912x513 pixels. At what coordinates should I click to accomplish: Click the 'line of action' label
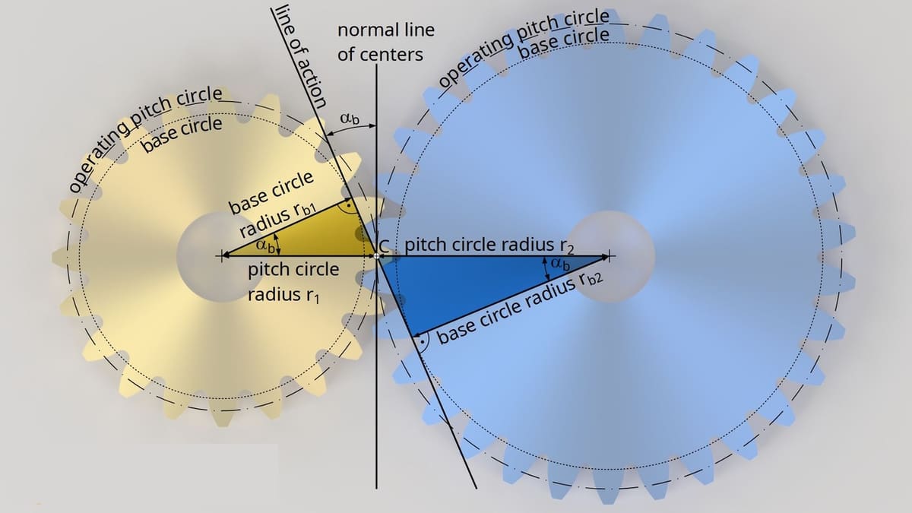click(x=301, y=56)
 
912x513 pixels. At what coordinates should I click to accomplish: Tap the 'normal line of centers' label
click(x=386, y=43)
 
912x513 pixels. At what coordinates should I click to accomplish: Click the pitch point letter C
click(x=384, y=245)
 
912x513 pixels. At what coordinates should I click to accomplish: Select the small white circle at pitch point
click(x=377, y=256)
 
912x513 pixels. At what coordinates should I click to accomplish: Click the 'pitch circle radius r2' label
click(x=489, y=245)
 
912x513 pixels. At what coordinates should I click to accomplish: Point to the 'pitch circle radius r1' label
click(x=293, y=283)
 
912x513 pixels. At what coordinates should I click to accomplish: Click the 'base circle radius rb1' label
click(x=277, y=204)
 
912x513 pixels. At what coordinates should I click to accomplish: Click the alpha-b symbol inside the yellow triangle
click(x=265, y=245)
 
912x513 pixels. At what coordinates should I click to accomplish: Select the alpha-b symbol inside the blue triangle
click(x=560, y=264)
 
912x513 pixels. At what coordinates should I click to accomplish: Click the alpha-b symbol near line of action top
click(x=350, y=119)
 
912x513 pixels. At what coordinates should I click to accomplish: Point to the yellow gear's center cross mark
click(x=221, y=256)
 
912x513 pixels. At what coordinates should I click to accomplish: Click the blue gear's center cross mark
click(x=609, y=256)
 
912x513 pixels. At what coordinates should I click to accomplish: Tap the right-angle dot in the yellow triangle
click(x=349, y=207)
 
